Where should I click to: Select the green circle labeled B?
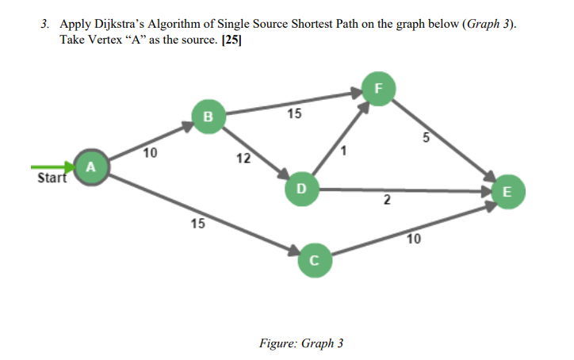pyautogui.click(x=209, y=117)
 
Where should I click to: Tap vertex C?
pyautogui.click(x=314, y=259)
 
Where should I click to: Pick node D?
pyautogui.click(x=300, y=189)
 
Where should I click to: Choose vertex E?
pyautogui.click(x=507, y=191)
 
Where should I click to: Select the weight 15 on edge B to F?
pyautogui.click(x=294, y=114)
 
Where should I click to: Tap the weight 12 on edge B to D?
pyautogui.click(x=244, y=159)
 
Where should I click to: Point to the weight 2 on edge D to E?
pyautogui.click(x=386, y=203)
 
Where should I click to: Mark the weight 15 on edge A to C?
pyautogui.click(x=197, y=224)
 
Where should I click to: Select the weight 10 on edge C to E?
pyautogui.click(x=414, y=239)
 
